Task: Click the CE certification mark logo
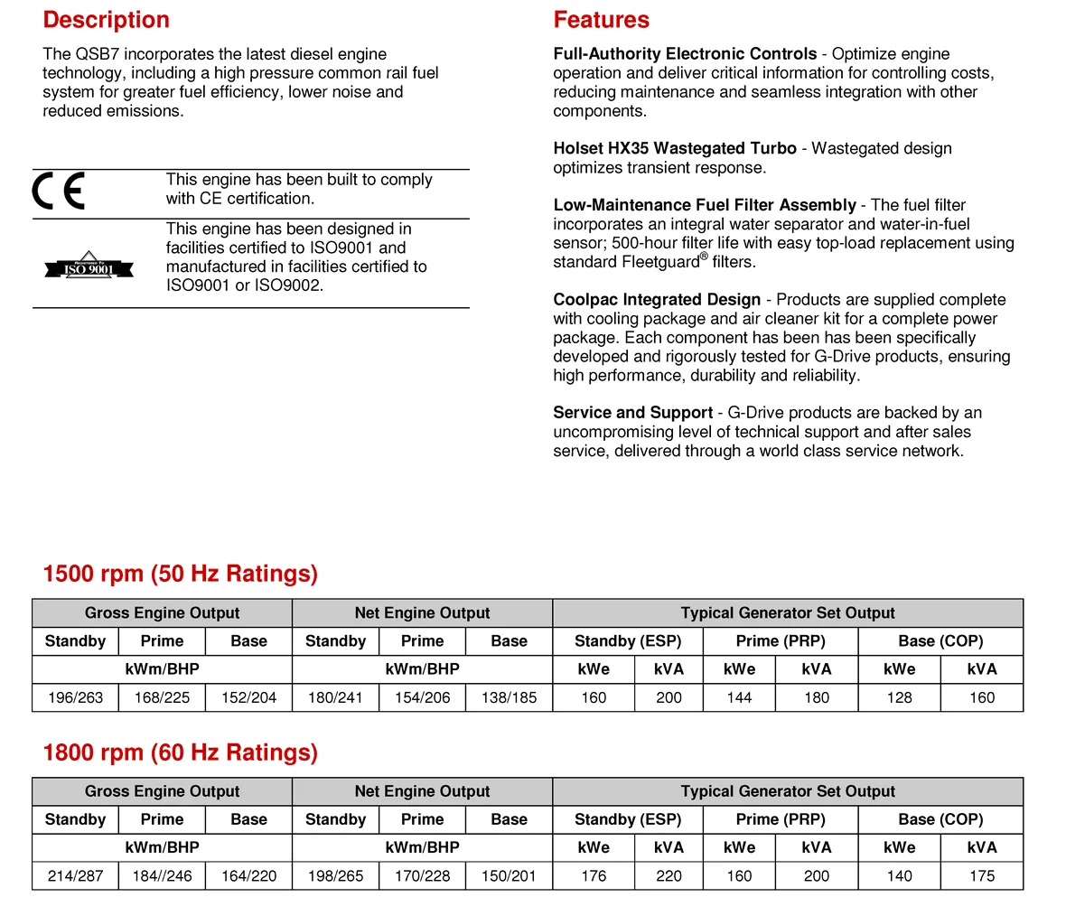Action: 59,191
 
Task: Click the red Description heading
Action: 106,20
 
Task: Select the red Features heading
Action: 601,20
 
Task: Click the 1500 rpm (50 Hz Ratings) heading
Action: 180,574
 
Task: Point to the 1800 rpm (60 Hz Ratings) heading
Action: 180,752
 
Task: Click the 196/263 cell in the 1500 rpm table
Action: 75,697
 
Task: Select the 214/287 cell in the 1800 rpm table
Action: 75,875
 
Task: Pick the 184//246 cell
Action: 162,875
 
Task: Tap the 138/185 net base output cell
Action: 509,697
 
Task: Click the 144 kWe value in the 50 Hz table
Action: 739,697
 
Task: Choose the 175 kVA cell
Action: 981,875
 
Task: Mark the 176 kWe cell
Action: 594,875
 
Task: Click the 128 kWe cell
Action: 899,697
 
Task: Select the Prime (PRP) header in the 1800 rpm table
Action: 781,819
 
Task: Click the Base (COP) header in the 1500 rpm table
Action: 940,640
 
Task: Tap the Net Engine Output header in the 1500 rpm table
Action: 422,612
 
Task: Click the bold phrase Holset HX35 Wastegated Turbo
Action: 675,148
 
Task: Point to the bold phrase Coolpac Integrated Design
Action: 657,299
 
